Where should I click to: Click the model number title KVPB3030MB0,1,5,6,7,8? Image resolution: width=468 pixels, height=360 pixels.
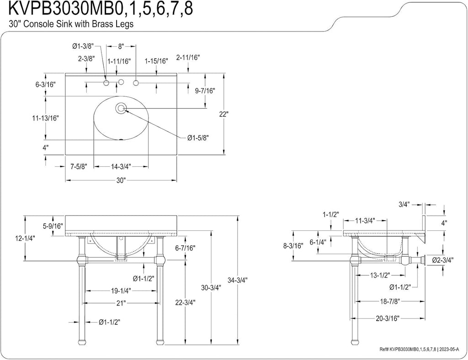[101, 8]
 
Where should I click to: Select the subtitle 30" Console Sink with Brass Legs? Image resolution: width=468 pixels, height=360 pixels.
[71, 24]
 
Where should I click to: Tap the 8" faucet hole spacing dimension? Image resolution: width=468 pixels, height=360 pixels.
[121, 46]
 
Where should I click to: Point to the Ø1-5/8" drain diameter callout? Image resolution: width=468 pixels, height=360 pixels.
[198, 138]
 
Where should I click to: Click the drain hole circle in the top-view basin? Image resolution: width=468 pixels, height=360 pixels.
[121, 108]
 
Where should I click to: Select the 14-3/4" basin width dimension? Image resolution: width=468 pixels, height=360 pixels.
[121, 167]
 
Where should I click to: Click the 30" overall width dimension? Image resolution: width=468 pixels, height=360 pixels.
[121, 180]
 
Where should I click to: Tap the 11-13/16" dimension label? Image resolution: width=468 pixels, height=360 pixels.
[46, 118]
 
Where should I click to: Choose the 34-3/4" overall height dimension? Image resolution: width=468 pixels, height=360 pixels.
[238, 280]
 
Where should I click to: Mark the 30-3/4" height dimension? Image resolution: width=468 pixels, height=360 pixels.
[211, 288]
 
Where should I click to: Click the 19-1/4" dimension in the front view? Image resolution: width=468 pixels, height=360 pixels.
[121, 290]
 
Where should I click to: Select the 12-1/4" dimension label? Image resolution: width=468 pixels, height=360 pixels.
[25, 238]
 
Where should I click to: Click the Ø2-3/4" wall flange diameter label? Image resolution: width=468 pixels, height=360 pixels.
[443, 260]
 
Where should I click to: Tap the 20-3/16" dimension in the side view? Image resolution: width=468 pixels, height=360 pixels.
[388, 318]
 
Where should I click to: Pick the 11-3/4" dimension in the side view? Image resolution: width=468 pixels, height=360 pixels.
[365, 221]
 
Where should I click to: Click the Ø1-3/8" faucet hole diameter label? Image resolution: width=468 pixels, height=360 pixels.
[83, 46]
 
